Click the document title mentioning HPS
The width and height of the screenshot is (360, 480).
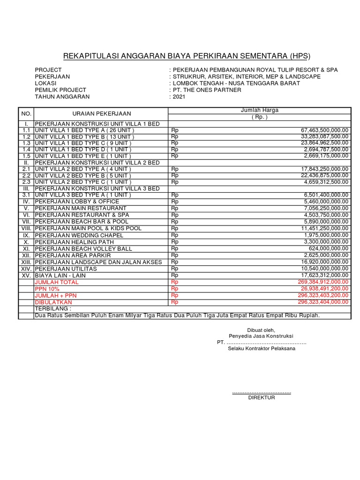coord(180,56)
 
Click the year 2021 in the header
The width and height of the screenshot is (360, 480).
coord(179,97)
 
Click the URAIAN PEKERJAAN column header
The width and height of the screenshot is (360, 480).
coord(102,113)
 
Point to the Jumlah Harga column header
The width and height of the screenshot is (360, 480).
coord(259,110)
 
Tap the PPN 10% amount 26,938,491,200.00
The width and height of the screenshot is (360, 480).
coord(323,289)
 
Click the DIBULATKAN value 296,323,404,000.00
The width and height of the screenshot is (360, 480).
coord(323,302)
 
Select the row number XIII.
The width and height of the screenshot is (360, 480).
coord(26,262)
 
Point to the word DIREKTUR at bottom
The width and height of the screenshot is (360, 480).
coord(262,397)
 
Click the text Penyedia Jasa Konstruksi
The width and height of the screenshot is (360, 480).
coord(261,336)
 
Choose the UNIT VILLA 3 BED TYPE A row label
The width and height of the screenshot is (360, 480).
coord(83,195)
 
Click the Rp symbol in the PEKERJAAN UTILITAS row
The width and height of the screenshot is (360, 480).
coord(175,269)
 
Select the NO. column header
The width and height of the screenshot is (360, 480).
coord(26,113)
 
